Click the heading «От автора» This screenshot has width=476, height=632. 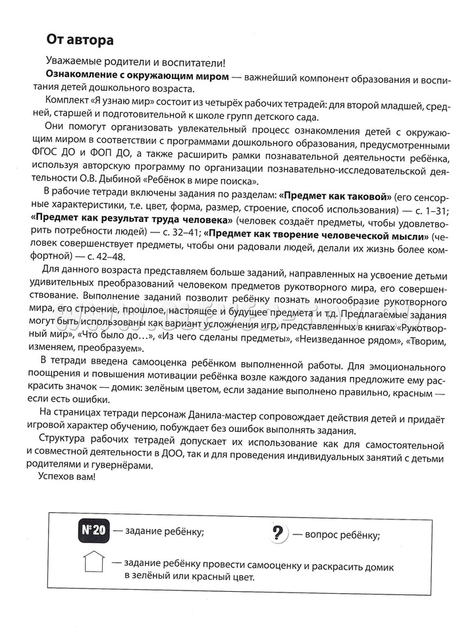80,40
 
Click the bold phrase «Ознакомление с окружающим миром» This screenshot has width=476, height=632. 138,78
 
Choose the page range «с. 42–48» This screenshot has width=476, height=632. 101,255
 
